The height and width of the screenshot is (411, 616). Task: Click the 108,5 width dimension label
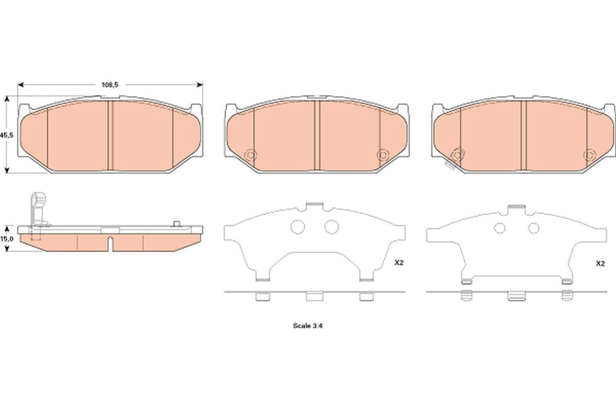click(110, 84)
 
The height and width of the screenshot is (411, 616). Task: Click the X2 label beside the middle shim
click(399, 263)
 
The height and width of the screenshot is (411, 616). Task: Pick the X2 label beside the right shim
click(600, 264)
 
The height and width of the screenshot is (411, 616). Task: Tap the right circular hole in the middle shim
click(331, 226)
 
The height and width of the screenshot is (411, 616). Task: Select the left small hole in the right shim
click(500, 228)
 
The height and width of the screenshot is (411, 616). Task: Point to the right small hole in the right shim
click(533, 228)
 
